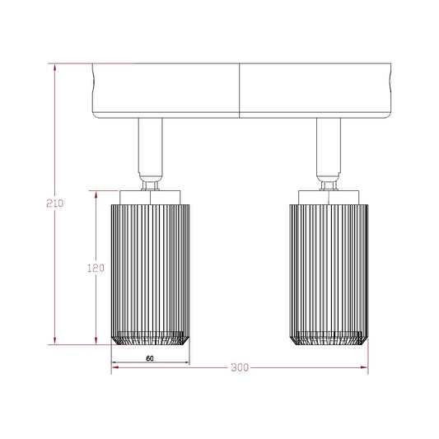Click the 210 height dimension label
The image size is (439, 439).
[x=55, y=203]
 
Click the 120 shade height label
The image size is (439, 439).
[x=96, y=269]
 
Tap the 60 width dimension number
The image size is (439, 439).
[x=150, y=358]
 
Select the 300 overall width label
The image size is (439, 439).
[x=240, y=367]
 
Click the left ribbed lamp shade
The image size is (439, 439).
[x=151, y=274]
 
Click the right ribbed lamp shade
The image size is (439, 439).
[x=329, y=274]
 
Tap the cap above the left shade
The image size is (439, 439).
[x=150, y=198]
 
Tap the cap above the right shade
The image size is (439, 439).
[x=329, y=198]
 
